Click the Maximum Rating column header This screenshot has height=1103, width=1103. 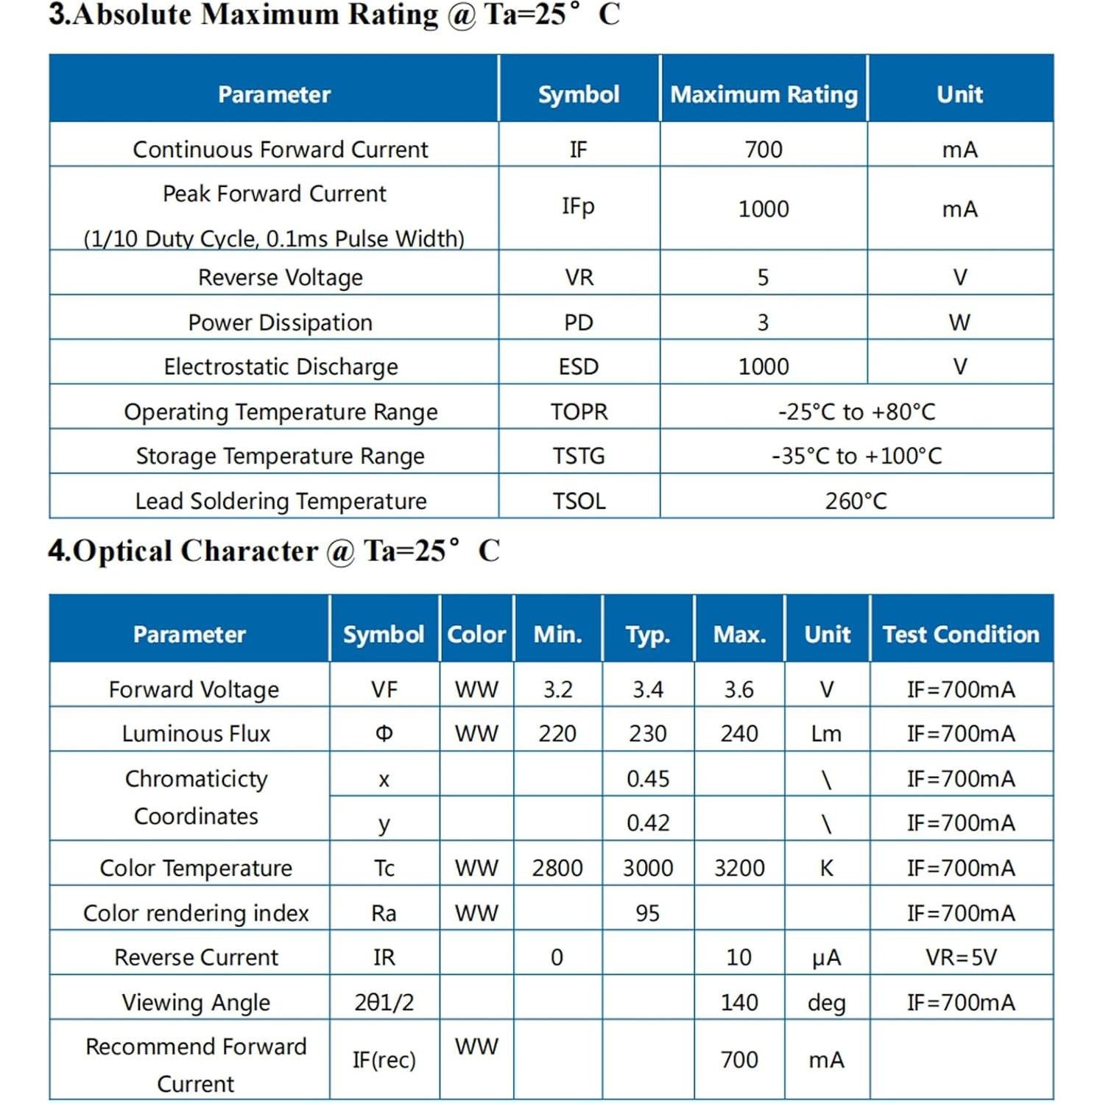(x=764, y=94)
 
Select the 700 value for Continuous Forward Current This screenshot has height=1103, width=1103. (x=764, y=149)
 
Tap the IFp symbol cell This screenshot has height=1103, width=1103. (x=578, y=206)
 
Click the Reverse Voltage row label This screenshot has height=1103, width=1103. (x=281, y=278)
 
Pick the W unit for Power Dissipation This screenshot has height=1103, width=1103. (x=959, y=323)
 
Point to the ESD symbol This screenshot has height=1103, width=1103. (x=578, y=367)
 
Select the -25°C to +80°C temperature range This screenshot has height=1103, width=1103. (x=856, y=412)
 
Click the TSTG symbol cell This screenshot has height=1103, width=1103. (x=579, y=457)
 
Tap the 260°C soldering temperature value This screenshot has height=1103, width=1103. (x=856, y=501)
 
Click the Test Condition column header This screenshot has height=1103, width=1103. (x=961, y=634)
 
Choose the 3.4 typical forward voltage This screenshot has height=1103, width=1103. (x=648, y=689)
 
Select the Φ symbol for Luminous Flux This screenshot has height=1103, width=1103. (x=384, y=733)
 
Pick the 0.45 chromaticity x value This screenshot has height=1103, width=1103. (x=648, y=778)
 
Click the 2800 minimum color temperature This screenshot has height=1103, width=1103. (x=557, y=868)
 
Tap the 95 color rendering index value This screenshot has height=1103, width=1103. (x=648, y=913)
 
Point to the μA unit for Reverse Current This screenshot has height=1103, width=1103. (x=826, y=957)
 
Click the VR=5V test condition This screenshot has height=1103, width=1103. (x=961, y=957)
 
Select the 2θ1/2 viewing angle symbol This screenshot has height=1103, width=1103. (x=384, y=1002)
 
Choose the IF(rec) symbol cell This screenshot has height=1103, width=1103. (x=384, y=1060)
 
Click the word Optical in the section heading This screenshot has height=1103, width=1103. (x=123, y=551)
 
